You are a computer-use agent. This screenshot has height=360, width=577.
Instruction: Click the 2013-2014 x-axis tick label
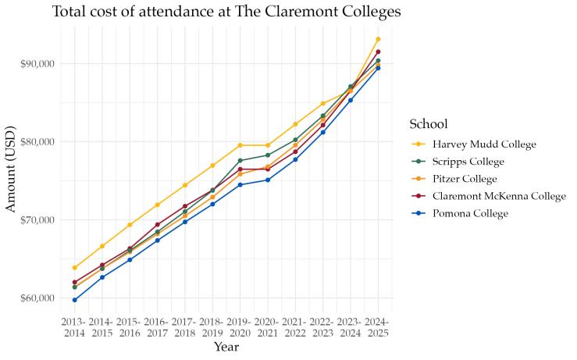[75, 328]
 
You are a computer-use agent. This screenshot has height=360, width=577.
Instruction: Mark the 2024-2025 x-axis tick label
[378, 328]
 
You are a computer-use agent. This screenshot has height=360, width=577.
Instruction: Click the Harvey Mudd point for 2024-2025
[378, 39]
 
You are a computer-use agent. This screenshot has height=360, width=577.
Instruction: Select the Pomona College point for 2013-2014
[75, 300]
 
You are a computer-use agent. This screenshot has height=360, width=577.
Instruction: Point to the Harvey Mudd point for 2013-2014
[75, 268]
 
